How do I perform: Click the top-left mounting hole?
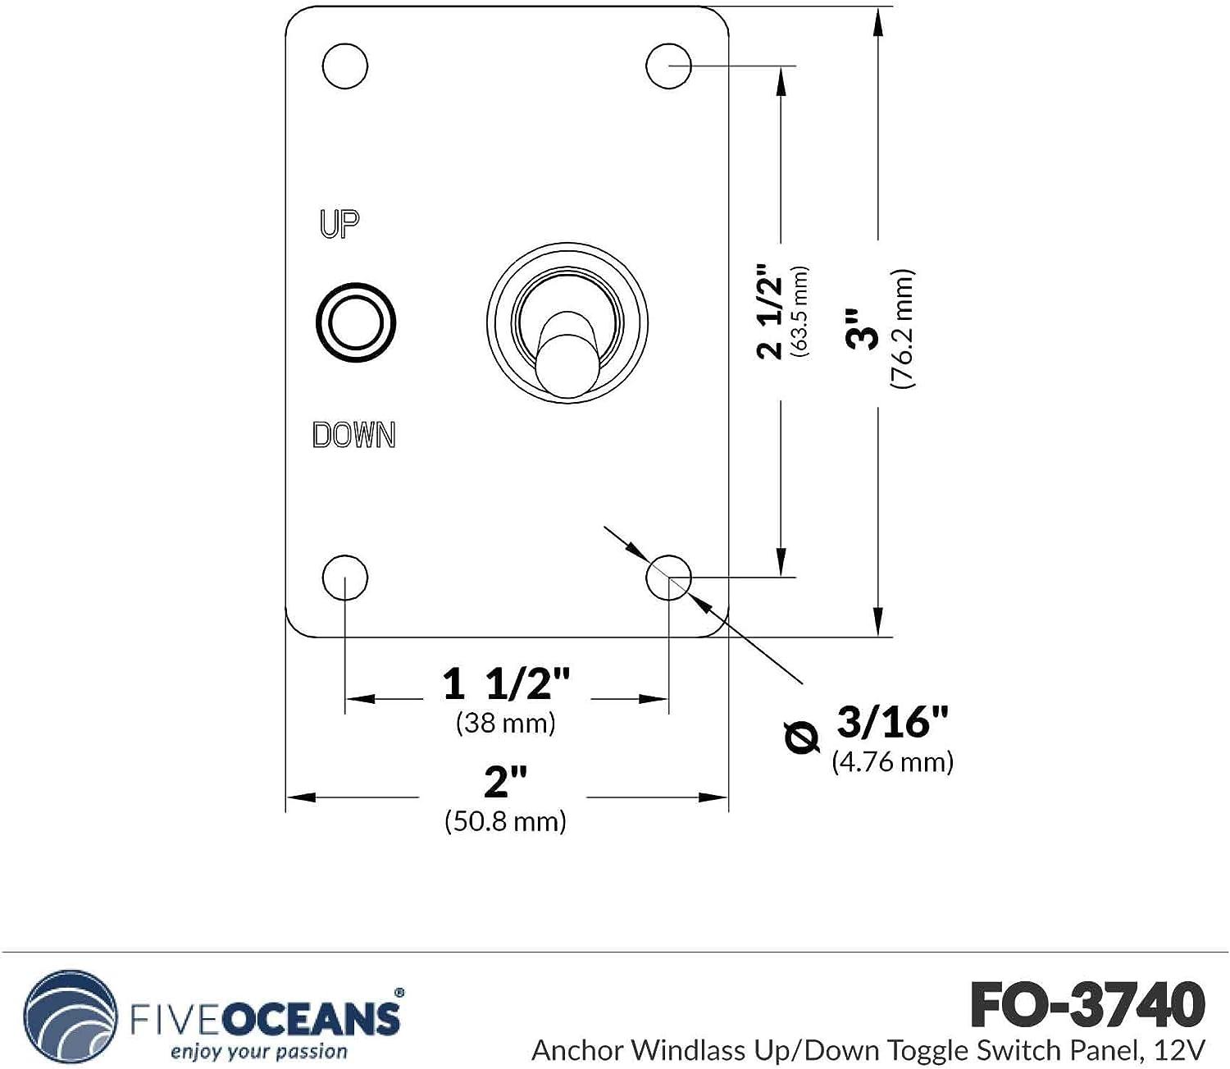tap(344, 66)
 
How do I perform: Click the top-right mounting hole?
tap(668, 66)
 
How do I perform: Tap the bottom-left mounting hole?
tap(344, 578)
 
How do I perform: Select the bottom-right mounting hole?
tap(668, 578)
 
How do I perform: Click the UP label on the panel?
tap(339, 223)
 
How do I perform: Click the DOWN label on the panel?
tap(354, 435)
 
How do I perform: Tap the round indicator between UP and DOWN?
tap(356, 322)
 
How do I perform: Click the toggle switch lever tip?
tap(566, 364)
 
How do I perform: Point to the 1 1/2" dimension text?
tap(506, 683)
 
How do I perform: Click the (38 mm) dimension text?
tap(506, 723)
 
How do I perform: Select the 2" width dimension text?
tap(505, 782)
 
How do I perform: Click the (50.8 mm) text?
tap(505, 821)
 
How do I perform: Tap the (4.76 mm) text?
tap(893, 762)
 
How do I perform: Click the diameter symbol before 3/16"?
tap(801, 737)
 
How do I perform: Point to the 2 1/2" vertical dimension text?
tap(771, 312)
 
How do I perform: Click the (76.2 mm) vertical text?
tap(903, 328)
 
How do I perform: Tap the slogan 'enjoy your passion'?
tap(259, 1052)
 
